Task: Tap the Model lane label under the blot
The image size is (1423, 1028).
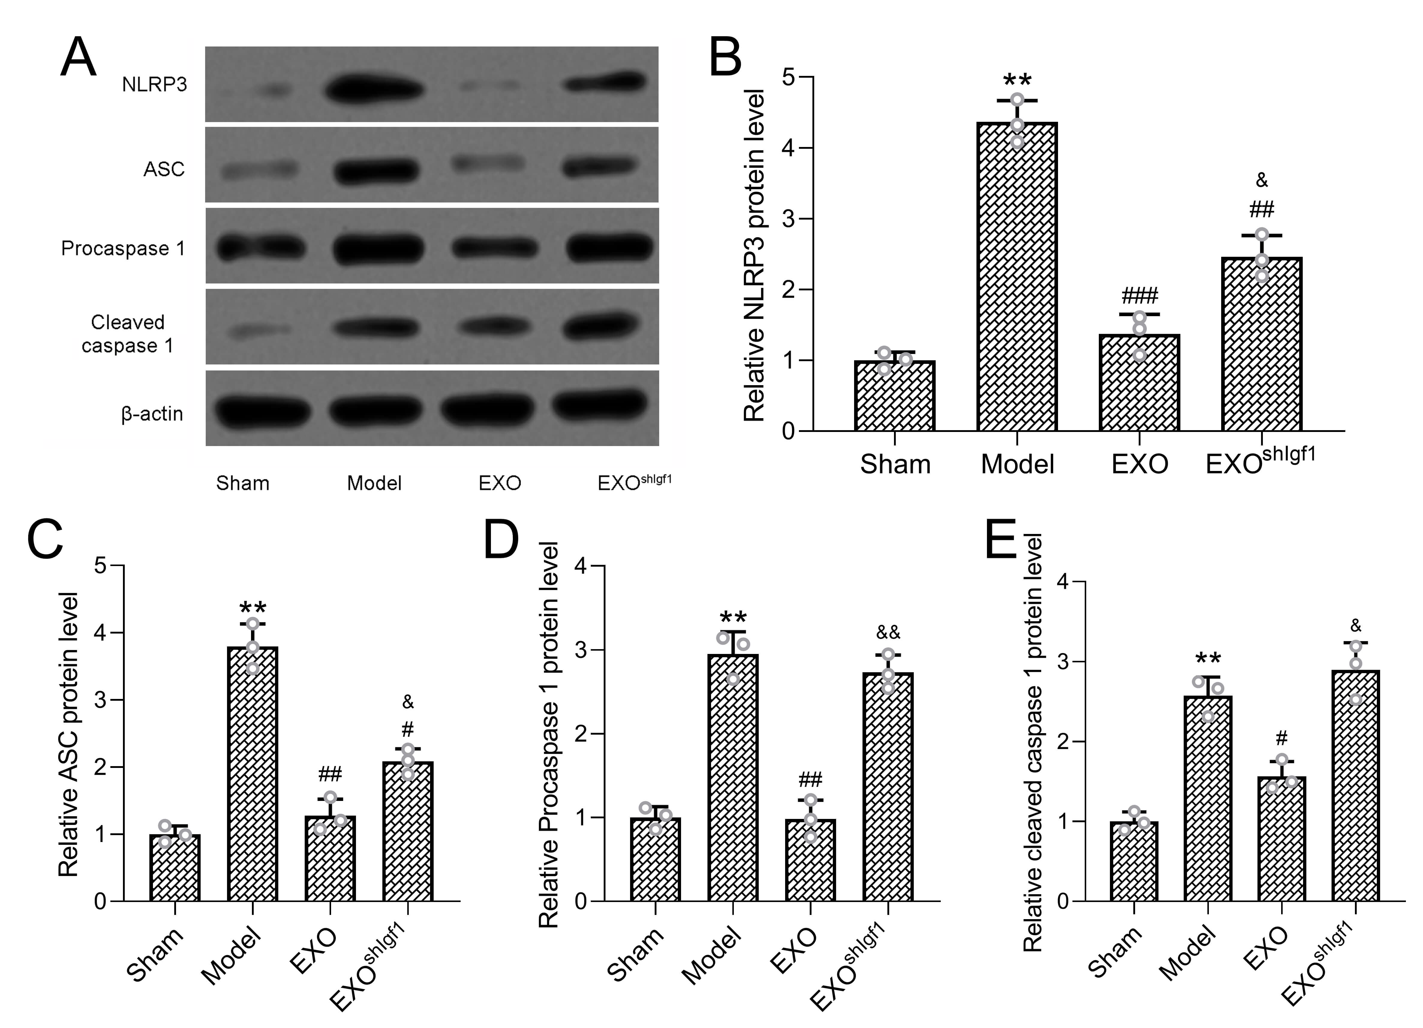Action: tap(374, 483)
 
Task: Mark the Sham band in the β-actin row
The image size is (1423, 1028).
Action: tap(262, 412)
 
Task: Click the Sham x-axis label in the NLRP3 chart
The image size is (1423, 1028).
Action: tap(895, 464)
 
